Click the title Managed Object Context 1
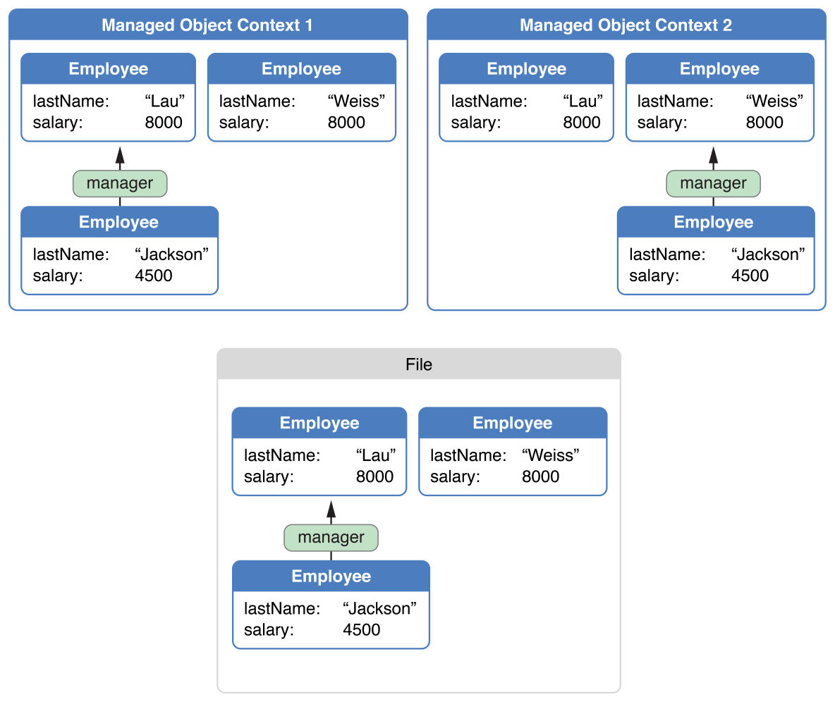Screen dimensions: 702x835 [x=207, y=25]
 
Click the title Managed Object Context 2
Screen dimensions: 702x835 [x=626, y=25]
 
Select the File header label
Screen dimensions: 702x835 [x=419, y=364]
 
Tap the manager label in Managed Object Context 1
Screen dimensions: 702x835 [x=120, y=183]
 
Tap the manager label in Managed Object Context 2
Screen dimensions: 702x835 [x=713, y=183]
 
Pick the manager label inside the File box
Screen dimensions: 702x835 [x=331, y=537]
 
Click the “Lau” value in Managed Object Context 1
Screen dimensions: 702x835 [x=164, y=101]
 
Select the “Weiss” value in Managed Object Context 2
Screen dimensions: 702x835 [x=774, y=101]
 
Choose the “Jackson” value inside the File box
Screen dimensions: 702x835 [x=379, y=608]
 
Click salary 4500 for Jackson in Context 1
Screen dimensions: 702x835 [x=154, y=275]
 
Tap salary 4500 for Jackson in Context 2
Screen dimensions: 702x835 [x=750, y=275]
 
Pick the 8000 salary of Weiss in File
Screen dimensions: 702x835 [x=540, y=476]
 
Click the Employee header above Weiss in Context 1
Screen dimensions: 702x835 [x=301, y=69]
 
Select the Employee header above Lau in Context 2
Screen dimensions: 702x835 [x=526, y=69]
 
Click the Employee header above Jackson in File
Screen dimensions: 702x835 [x=331, y=577]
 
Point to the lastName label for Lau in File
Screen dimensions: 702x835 [x=282, y=455]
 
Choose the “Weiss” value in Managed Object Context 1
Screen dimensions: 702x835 [x=357, y=101]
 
